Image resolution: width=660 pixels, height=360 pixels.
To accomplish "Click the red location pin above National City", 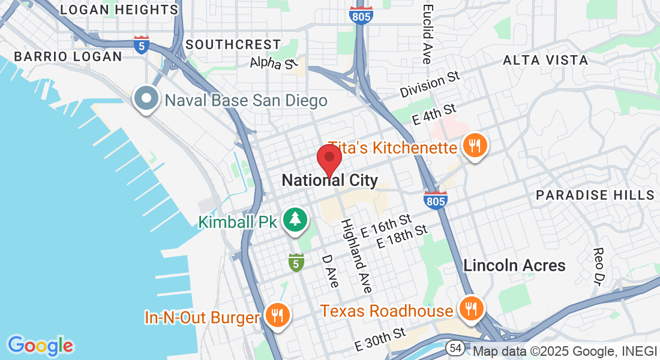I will coord(329,158).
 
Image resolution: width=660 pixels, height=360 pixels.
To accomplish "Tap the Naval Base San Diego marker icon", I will coord(146,99).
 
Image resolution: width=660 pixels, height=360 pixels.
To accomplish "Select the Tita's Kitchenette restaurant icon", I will coord(475,146).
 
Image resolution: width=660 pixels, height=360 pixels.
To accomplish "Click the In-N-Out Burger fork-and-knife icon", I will coord(277,314).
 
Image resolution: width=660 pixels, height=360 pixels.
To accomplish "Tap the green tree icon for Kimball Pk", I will coord(295,220).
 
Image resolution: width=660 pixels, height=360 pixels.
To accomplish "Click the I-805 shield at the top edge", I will coord(362,14).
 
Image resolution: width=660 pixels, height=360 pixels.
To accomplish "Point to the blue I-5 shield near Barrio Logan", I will coord(142,46).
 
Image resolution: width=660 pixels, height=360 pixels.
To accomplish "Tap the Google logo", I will coord(40,346).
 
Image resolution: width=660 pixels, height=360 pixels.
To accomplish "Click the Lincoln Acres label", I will coord(514,265).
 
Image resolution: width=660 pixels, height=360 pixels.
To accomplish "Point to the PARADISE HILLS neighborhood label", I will coord(595,195).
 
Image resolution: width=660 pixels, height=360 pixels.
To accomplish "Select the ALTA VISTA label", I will coord(545,60).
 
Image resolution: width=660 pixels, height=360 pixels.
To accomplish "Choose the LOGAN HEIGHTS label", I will coord(119,10).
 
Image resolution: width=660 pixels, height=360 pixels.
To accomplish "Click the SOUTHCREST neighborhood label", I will coord(233,44).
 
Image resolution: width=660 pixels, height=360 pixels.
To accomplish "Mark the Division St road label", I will coord(430,86).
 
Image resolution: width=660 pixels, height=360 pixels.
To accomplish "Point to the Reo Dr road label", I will coord(599,264).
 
